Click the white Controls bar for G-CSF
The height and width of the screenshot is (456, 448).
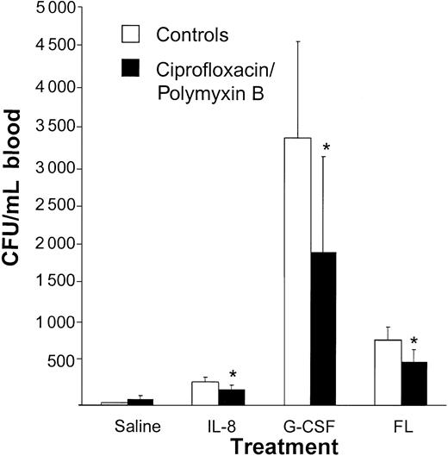tap(298, 271)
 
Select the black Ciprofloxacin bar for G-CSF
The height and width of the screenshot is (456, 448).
tap(323, 328)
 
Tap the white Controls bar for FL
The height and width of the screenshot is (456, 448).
tap(388, 372)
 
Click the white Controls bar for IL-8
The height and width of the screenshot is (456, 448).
tap(204, 393)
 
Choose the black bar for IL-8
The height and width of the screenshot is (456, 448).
tap(230, 397)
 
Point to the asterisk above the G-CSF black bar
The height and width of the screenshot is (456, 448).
tap(326, 148)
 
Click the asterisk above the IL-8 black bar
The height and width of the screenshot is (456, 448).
tap(232, 375)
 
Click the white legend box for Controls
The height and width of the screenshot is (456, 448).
tap(132, 34)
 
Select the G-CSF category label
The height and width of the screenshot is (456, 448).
tap(310, 427)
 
